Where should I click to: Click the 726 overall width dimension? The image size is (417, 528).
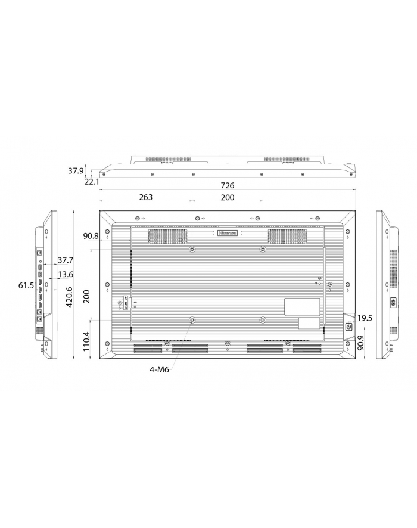coord(228,185)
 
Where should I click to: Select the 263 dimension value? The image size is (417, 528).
coord(145,197)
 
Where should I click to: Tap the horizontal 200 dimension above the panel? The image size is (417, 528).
coord(228,197)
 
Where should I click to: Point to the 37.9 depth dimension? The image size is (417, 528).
coord(75,171)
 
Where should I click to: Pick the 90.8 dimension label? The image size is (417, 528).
coord(91,236)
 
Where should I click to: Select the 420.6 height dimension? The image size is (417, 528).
coord(69,297)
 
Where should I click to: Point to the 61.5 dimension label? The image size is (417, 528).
coord(26,286)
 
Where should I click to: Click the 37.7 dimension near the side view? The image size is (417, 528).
coord(66,260)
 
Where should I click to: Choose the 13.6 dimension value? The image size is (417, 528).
coord(66,275)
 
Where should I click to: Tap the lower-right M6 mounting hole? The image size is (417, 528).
coord(263,320)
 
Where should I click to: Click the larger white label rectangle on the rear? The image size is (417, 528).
coord(301,306)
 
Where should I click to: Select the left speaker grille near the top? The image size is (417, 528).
coord(167,237)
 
